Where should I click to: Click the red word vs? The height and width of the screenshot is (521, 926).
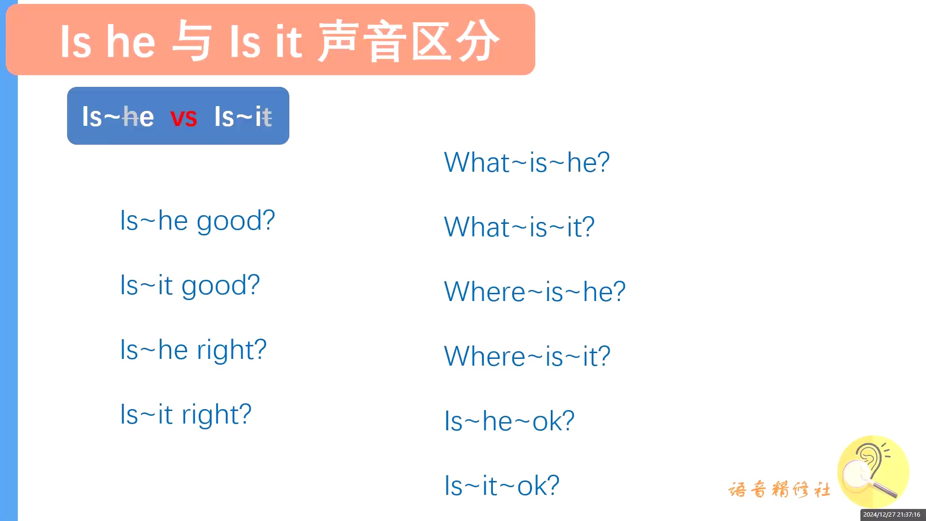184,118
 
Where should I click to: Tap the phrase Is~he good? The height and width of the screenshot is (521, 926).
197,221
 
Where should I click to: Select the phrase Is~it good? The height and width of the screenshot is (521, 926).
190,286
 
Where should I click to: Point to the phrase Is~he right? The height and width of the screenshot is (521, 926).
193,350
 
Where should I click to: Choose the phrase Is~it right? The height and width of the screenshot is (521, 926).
186,414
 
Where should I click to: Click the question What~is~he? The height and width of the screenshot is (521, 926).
527,162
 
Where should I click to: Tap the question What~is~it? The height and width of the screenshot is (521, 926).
519,227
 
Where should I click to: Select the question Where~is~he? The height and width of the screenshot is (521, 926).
535,291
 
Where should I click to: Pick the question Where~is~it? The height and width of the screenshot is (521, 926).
527,356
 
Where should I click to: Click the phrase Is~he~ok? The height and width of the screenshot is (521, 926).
509,421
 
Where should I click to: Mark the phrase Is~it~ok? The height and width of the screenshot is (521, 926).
502,485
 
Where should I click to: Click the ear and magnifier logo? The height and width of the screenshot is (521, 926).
873,472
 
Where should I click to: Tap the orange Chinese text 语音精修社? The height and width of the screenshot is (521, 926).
779,489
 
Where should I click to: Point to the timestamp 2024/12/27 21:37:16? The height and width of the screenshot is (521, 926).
892,515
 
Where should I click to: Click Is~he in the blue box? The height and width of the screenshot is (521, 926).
118,117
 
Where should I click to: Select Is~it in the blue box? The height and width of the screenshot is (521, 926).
243,117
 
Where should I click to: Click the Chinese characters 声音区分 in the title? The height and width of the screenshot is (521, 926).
409,41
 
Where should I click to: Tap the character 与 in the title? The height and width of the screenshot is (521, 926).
192,41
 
